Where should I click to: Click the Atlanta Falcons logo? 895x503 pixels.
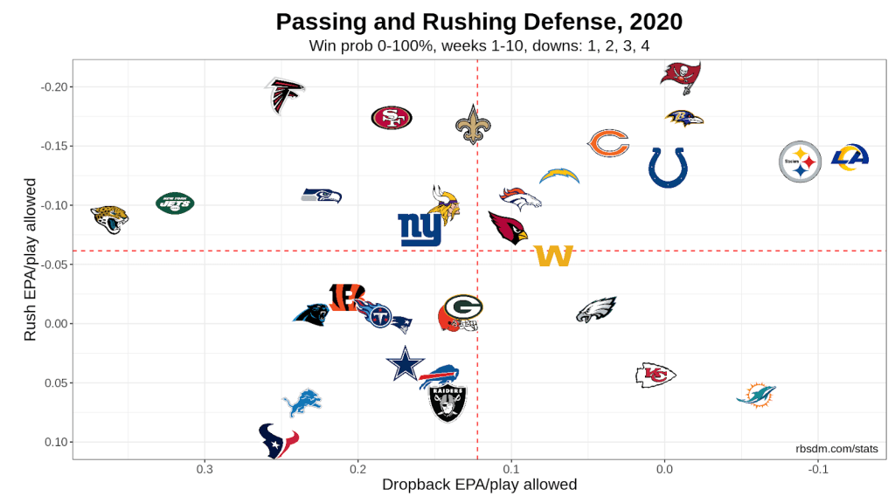coord(284,95)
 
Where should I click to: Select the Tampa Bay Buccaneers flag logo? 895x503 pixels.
coord(681,77)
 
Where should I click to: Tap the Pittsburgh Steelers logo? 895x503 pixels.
coord(801,162)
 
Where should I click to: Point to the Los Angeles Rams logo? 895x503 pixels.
coord(849,157)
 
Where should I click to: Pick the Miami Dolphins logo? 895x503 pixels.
coord(756,395)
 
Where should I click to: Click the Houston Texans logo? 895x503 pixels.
coord(279,440)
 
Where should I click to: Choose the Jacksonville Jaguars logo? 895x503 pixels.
coord(110,218)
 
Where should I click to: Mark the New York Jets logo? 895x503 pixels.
coord(176,204)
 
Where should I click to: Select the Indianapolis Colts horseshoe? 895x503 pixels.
coord(668,167)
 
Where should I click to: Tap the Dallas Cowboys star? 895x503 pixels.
coord(405,363)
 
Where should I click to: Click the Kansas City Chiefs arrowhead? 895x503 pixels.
coord(656,375)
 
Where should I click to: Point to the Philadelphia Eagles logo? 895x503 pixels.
coord(596,310)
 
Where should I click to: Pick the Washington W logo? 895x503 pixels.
coord(553,256)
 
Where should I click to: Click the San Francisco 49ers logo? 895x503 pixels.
coord(392,119)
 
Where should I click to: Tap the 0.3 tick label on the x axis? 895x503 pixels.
coord(205,469)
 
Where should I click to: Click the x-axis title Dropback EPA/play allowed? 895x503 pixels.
coord(479,485)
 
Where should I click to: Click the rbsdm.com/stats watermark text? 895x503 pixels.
coord(836,449)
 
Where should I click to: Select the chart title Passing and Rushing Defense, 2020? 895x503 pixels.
coord(479,21)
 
